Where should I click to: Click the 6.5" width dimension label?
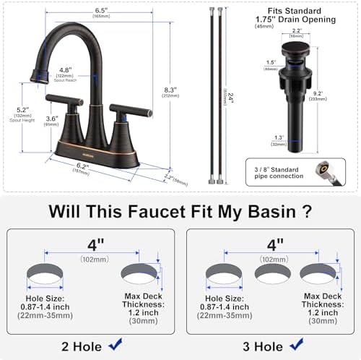coord(101,11)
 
